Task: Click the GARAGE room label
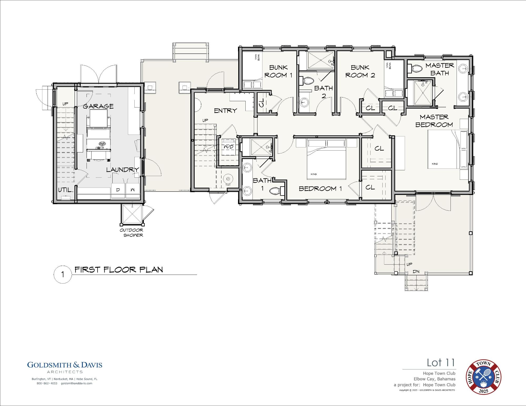pyautogui.click(x=98, y=106)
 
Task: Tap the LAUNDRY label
pyautogui.click(x=123, y=170)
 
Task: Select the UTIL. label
pyautogui.click(x=65, y=190)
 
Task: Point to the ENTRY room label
pyautogui.click(x=225, y=111)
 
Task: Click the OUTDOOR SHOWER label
pyautogui.click(x=132, y=233)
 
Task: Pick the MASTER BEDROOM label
pyautogui.click(x=434, y=121)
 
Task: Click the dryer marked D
pyautogui.click(x=118, y=190)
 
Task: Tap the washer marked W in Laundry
pyautogui.click(x=133, y=190)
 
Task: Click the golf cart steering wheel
pyautogui.click(x=102, y=144)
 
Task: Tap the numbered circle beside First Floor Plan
pyautogui.click(x=63, y=275)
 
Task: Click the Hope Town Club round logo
pyautogui.click(x=484, y=377)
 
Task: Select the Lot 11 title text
pyautogui.click(x=441, y=363)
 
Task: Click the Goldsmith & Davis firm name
pyautogui.click(x=65, y=365)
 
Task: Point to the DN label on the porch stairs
pyautogui.click(x=416, y=271)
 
